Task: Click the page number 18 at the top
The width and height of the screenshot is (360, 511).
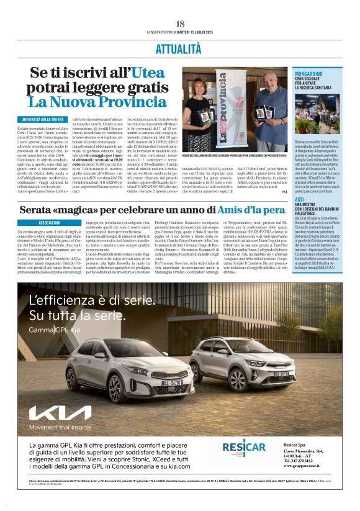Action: point(180,24)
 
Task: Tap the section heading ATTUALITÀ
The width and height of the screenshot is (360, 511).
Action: point(180,48)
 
